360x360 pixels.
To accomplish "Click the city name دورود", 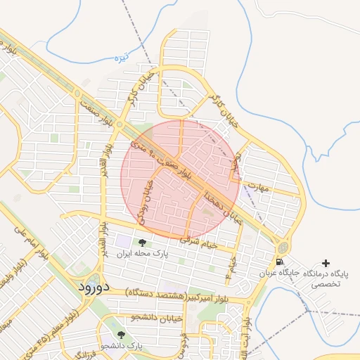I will tap(91, 287).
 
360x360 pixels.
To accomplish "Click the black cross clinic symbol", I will tap(325, 262).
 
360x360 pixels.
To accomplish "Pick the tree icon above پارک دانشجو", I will tap(121, 335).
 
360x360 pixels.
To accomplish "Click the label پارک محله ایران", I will tap(143, 255).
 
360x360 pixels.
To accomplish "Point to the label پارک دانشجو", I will tap(121, 347).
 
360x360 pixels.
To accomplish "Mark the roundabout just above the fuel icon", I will tap(282, 247).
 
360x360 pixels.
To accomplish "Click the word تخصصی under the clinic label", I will tap(326, 285).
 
